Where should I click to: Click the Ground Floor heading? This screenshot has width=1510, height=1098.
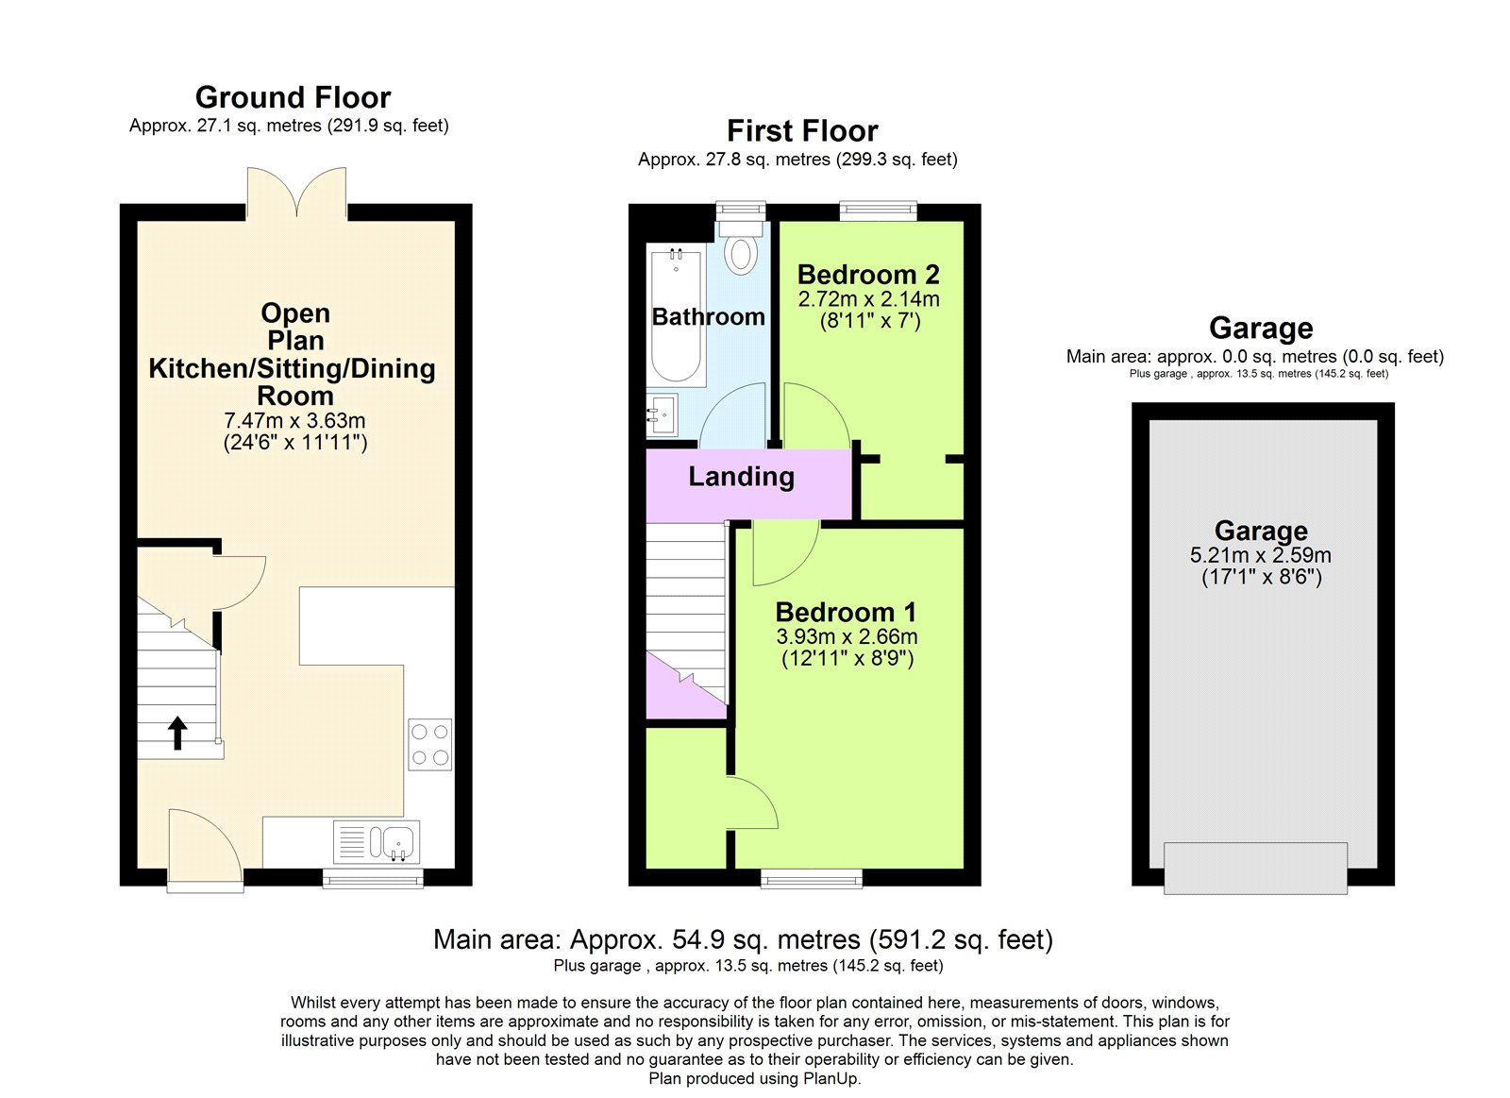[293, 97]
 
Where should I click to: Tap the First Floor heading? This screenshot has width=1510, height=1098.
[802, 130]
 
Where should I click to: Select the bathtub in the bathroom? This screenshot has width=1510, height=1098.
[676, 316]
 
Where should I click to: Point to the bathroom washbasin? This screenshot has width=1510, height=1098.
[662, 414]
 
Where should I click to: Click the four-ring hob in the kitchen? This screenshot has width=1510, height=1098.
[429, 745]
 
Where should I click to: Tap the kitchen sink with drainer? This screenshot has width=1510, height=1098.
[377, 841]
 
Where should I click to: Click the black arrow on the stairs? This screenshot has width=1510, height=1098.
[177, 733]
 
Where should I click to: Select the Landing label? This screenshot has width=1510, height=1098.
[741, 477]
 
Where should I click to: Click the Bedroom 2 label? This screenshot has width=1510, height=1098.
[868, 275]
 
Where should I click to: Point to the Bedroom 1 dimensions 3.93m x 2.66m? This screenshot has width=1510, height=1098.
[847, 637]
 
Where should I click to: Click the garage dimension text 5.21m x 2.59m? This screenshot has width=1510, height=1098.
[1260, 555]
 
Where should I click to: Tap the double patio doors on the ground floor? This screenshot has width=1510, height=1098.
[296, 194]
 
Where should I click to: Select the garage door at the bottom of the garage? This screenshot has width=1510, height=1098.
[1255, 868]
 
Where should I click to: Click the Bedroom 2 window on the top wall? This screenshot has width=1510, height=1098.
[878, 210]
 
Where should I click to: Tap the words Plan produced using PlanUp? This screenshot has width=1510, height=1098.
[754, 1078]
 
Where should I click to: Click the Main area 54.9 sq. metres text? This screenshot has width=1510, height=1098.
[743, 939]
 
